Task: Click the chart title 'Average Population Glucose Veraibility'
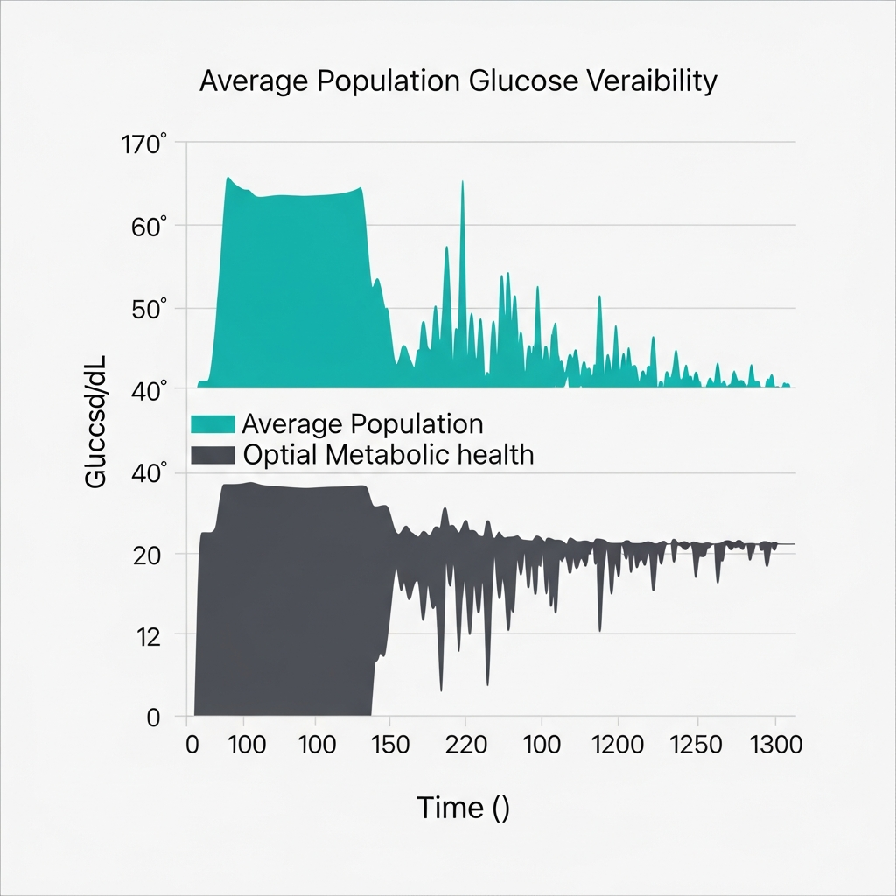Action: [458, 80]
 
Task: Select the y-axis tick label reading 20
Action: [146, 555]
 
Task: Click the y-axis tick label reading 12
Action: [148, 636]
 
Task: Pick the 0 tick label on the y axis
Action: [153, 718]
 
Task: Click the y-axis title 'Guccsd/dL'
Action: [95, 429]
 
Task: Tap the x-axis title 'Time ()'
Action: [463, 807]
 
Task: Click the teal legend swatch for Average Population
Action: [213, 425]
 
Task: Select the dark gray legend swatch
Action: [213, 456]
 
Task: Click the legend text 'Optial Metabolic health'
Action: [388, 456]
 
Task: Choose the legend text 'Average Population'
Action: [361, 425]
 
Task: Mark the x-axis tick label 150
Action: [389, 745]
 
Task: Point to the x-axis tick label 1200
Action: [619, 745]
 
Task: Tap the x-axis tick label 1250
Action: [696, 745]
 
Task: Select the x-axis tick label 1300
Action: [774, 745]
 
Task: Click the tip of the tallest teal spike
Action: [462, 182]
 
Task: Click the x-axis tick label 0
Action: [194, 745]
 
